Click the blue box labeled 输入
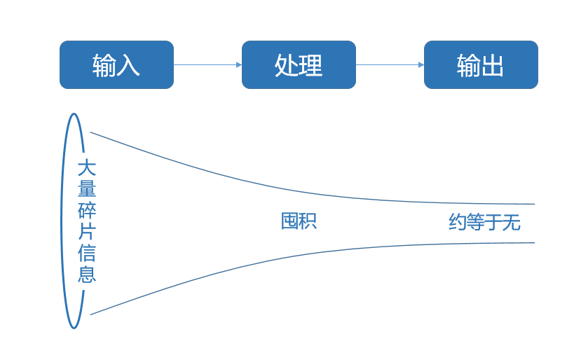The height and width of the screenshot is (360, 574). click(x=116, y=64)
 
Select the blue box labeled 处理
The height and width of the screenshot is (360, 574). click(x=299, y=64)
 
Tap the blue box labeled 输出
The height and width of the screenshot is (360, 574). click(x=481, y=64)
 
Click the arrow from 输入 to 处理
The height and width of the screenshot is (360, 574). click(x=207, y=64)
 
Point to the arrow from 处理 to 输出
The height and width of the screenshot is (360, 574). click(x=390, y=64)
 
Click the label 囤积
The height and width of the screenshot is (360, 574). click(x=299, y=221)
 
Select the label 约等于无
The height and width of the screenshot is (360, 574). click(x=484, y=223)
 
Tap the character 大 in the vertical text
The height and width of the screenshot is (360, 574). click(x=86, y=168)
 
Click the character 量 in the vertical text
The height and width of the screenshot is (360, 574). click(x=86, y=189)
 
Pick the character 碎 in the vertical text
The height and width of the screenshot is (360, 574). click(x=86, y=210)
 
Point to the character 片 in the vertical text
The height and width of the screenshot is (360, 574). click(x=86, y=231)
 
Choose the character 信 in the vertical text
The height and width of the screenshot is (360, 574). click(x=86, y=252)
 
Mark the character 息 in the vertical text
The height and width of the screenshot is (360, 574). click(x=86, y=273)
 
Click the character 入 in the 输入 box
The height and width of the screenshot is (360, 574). click(x=128, y=65)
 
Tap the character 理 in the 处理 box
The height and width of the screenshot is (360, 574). click(x=310, y=65)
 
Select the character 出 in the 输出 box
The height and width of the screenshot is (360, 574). click(x=493, y=65)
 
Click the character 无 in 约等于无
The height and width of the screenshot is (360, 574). click(x=512, y=223)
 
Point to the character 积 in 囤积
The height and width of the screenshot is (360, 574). click(x=308, y=221)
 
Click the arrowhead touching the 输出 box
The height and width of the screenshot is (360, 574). click(x=421, y=64)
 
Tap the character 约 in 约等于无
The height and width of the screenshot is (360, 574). click(x=458, y=223)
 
